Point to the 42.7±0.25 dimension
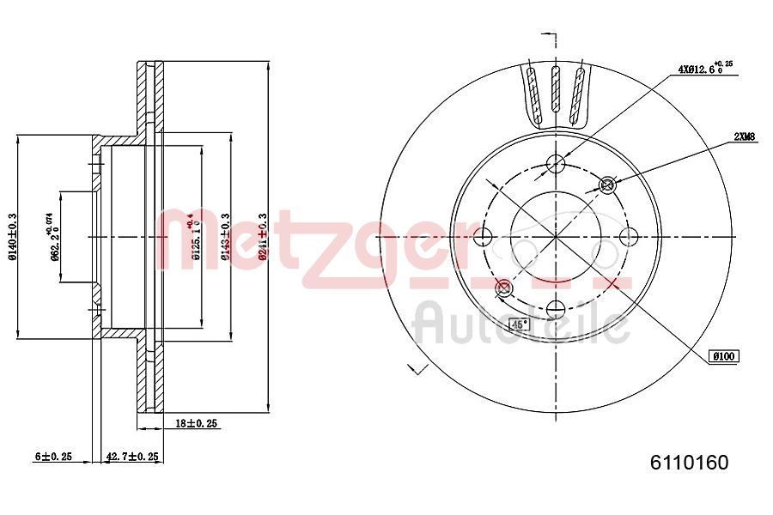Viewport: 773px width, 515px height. (131, 457)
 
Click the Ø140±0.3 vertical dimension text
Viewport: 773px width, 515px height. (13, 238)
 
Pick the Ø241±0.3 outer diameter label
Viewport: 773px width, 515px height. (261, 236)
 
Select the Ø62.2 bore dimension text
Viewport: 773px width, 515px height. (52, 236)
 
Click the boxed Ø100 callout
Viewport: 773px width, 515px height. (724, 355)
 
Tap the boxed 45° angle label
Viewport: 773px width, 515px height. (519, 324)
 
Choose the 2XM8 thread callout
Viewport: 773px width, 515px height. (744, 136)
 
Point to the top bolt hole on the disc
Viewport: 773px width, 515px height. (556, 163)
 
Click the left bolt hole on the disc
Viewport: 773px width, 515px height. (483, 236)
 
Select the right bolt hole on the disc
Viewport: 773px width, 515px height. (629, 236)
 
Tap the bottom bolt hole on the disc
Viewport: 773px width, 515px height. (556, 309)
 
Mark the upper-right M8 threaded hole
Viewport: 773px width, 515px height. (608, 184)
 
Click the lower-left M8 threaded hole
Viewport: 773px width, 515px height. (503, 288)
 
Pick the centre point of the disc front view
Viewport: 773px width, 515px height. (556, 236)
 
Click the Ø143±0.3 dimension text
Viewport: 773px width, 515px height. (225, 238)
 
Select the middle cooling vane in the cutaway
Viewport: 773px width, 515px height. (556, 94)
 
